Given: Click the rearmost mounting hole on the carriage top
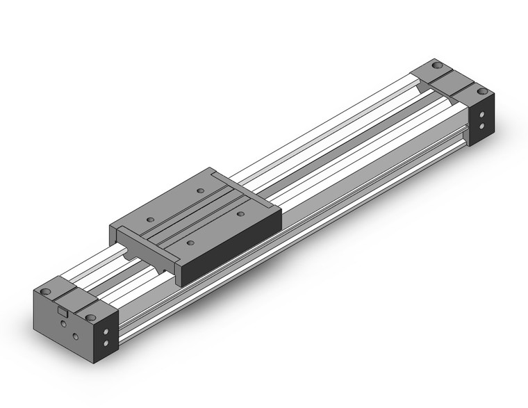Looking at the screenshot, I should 200,190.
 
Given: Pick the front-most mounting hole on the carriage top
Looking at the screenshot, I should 190,243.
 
